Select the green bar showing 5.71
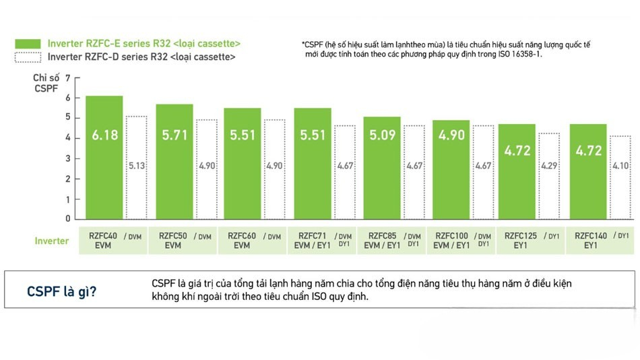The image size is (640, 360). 174,161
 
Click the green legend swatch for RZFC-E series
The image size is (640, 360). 28,44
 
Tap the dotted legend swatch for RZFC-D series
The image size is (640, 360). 28,57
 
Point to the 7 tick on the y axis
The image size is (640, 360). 68,78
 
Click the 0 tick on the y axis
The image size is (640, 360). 68,218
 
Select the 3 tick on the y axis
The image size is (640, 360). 68,158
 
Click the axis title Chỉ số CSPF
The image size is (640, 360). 46,84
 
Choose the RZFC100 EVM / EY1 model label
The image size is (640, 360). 451,241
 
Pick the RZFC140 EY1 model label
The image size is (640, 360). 591,241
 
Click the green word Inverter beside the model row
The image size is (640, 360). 52,241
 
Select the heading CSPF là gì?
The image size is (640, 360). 61,291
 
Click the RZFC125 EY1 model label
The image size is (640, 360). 521,241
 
